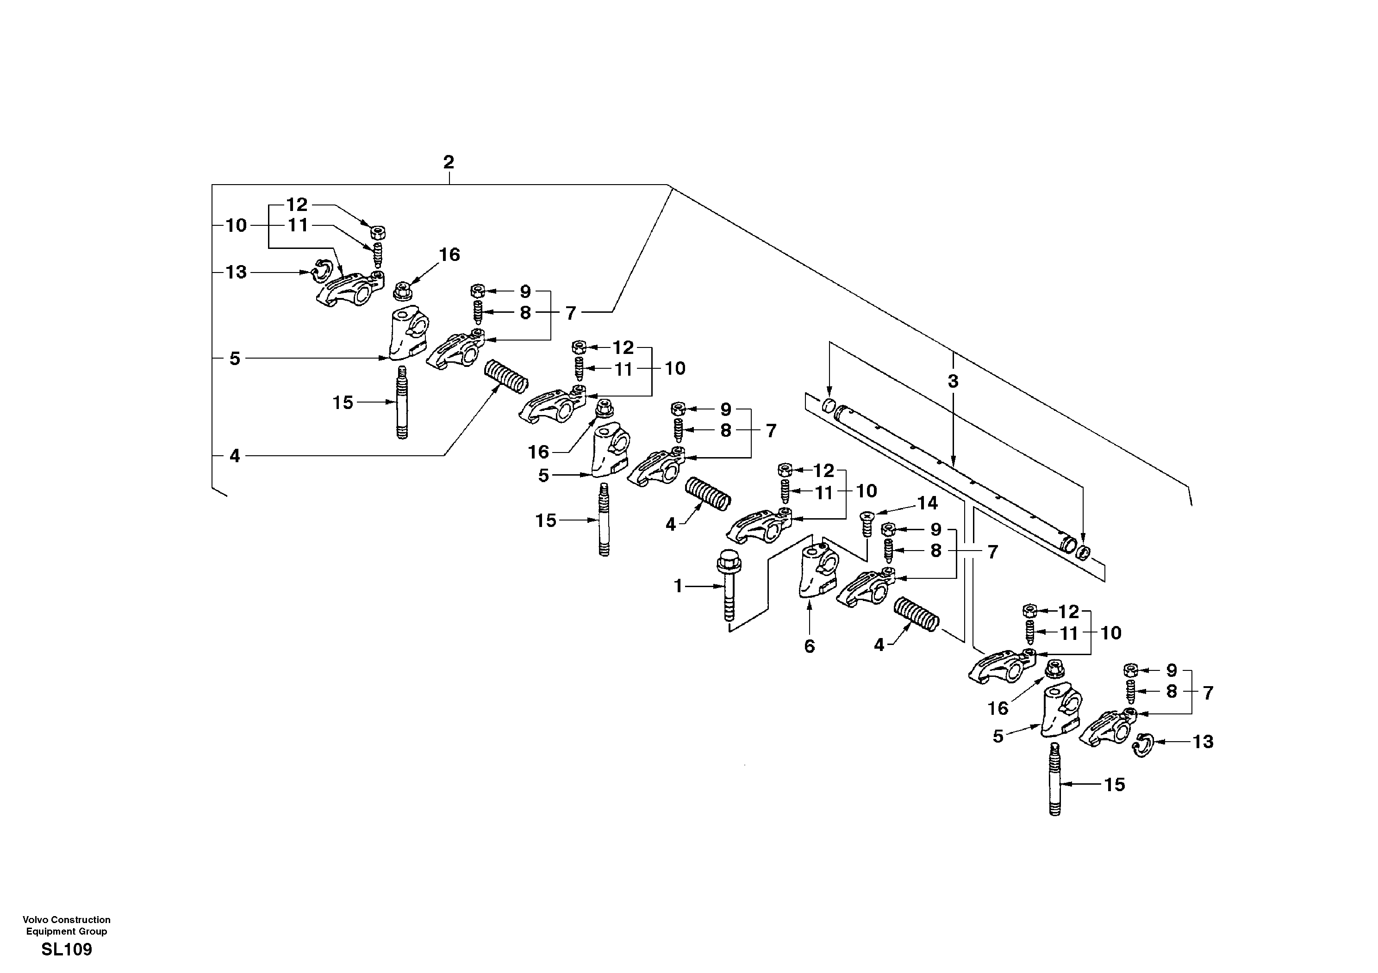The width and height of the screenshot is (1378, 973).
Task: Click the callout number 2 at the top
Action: pos(449,162)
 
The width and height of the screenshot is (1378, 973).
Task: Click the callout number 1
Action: pos(679,586)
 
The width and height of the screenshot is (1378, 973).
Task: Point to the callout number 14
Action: pos(927,503)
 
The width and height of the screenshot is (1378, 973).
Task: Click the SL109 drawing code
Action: pos(67,949)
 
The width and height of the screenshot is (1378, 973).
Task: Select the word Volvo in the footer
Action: pos(35,920)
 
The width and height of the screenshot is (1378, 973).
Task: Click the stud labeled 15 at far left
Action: pos(401,403)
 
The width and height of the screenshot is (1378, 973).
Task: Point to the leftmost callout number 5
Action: pos(235,359)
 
